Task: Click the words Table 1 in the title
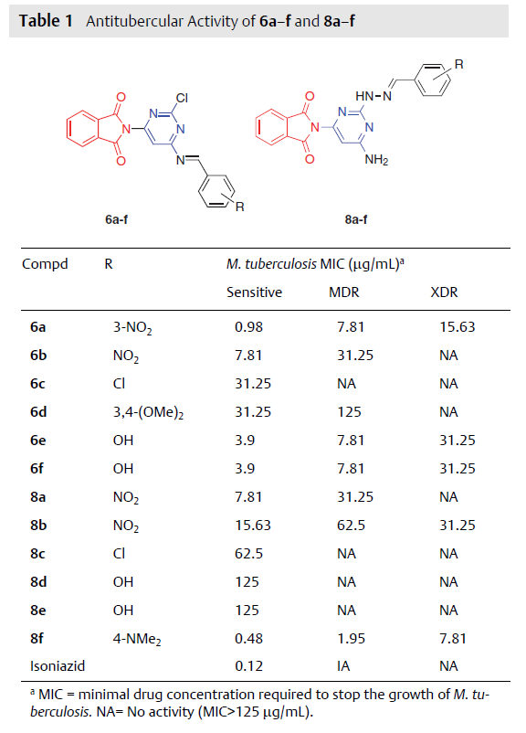(x=46, y=21)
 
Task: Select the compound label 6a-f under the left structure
(x=116, y=219)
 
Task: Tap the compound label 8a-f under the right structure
(x=356, y=219)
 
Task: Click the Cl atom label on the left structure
(x=182, y=98)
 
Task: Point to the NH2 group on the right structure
(x=376, y=160)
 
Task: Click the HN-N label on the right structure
(x=373, y=96)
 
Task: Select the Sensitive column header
(x=254, y=292)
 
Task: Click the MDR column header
(x=343, y=292)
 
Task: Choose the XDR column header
(x=444, y=292)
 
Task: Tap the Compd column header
(x=45, y=264)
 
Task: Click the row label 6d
(x=38, y=412)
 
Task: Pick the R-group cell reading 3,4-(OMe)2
(x=148, y=412)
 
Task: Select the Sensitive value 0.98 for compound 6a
(x=248, y=327)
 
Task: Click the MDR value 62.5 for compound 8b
(x=351, y=525)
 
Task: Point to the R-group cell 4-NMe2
(x=137, y=639)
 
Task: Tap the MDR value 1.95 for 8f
(x=351, y=639)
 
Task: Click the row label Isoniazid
(x=58, y=665)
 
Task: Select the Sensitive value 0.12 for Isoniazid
(x=248, y=665)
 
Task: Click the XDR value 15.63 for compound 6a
(x=457, y=327)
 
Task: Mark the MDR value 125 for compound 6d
(x=349, y=412)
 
